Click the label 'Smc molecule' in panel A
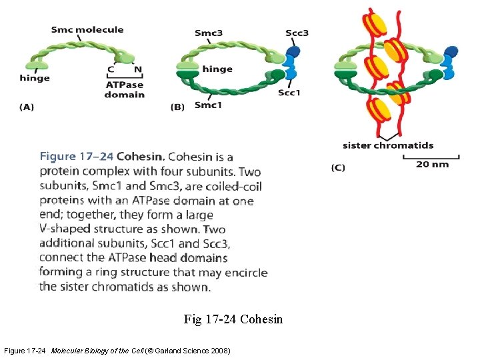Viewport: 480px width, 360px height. pos(87,29)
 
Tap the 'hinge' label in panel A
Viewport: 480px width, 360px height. pos(35,78)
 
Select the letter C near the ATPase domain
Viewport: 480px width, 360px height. pos(111,69)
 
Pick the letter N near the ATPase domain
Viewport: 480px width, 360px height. pos(138,69)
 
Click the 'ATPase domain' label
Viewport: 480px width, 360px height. pos(124,89)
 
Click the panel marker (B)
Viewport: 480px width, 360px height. pos(178,106)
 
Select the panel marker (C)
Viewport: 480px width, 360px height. pos(338,167)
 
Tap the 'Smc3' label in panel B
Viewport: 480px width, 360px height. pos(209,33)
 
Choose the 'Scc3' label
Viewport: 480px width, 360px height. pos(297,33)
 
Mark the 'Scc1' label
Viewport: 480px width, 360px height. pos(289,93)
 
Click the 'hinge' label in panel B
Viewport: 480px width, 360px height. pos(217,69)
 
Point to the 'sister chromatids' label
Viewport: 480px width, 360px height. pos(388,145)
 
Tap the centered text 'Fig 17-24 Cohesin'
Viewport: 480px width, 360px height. pos(233,319)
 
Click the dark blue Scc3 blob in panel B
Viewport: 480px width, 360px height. pos(294,50)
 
